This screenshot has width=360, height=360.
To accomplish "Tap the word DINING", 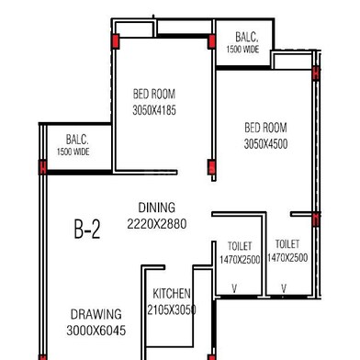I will point(157,208).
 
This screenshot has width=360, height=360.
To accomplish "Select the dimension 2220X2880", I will point(157,223).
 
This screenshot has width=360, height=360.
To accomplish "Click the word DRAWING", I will point(96,314).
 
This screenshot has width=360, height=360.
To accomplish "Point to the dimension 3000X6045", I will point(96,330).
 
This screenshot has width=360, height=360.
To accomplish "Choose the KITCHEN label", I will point(172,294).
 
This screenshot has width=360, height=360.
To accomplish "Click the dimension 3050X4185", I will point(154,110).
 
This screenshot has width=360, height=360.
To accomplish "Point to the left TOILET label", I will point(240,247).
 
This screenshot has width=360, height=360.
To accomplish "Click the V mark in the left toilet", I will point(234,288).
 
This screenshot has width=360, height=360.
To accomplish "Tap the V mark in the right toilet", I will point(284,288).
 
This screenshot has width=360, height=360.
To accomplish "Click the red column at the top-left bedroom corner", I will point(116,41).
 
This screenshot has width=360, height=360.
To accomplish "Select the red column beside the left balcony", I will point(42,167).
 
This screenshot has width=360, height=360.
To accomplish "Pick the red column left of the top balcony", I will point(212,41).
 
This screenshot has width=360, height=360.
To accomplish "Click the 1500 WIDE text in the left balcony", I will point(73,152).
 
